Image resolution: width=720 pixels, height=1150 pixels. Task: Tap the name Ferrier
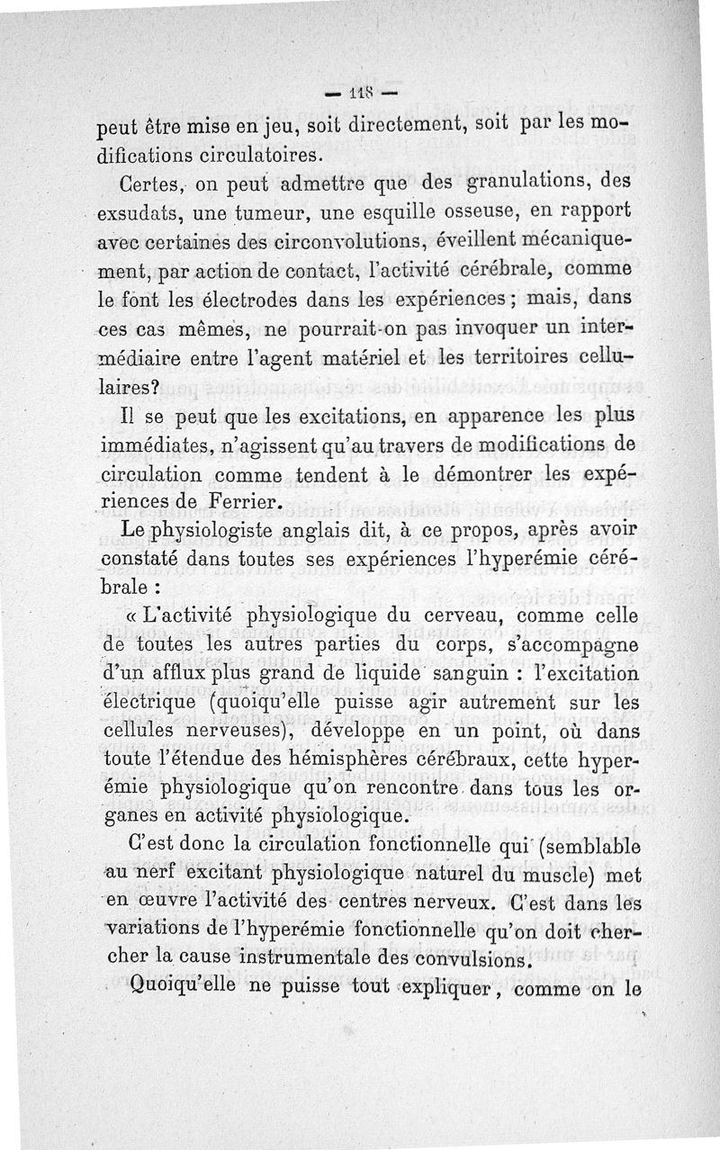tap(243, 502)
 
